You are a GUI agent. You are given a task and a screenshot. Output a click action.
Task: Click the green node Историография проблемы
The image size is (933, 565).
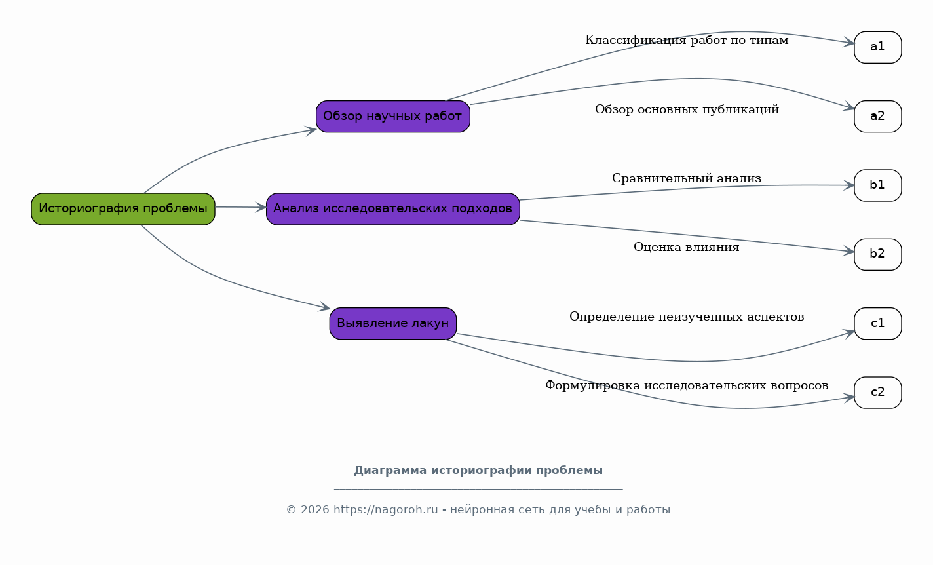click(x=123, y=209)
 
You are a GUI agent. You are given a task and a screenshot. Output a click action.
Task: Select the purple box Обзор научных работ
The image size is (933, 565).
click(x=393, y=117)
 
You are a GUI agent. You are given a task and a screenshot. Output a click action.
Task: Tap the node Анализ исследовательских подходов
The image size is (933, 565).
click(x=393, y=209)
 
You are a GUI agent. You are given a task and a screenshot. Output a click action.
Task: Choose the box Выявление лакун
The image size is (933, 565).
click(x=393, y=324)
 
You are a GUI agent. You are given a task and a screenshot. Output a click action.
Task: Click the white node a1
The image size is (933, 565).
click(x=877, y=47)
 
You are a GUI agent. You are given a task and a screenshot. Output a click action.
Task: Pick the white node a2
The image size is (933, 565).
click(x=877, y=117)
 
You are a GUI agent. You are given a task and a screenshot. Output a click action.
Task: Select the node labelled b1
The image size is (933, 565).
click(x=877, y=185)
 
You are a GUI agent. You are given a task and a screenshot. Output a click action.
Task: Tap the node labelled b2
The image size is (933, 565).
click(x=877, y=254)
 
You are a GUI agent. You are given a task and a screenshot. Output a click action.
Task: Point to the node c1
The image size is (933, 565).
click(x=877, y=324)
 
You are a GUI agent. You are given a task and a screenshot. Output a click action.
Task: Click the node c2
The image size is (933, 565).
click(x=877, y=393)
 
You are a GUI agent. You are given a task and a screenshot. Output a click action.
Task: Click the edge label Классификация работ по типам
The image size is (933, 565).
click(x=687, y=41)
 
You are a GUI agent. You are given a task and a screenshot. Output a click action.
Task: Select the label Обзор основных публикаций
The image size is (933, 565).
click(x=687, y=109)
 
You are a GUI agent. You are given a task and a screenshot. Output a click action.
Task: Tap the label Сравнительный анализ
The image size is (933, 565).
click(x=687, y=178)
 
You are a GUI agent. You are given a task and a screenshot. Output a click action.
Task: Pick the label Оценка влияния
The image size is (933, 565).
click(x=686, y=248)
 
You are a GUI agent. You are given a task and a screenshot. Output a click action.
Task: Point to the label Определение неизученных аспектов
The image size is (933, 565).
click(x=687, y=317)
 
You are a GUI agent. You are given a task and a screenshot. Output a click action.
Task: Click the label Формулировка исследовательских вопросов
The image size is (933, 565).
click(x=687, y=386)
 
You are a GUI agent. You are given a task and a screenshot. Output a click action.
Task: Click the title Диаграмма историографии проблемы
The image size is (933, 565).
click(x=478, y=471)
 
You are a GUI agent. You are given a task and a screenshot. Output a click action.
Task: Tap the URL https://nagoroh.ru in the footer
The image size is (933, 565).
click(x=385, y=510)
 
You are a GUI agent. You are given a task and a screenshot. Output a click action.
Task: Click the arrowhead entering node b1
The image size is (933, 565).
click(x=850, y=185)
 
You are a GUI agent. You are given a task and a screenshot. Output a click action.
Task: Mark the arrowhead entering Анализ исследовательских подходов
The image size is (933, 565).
click(x=262, y=208)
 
